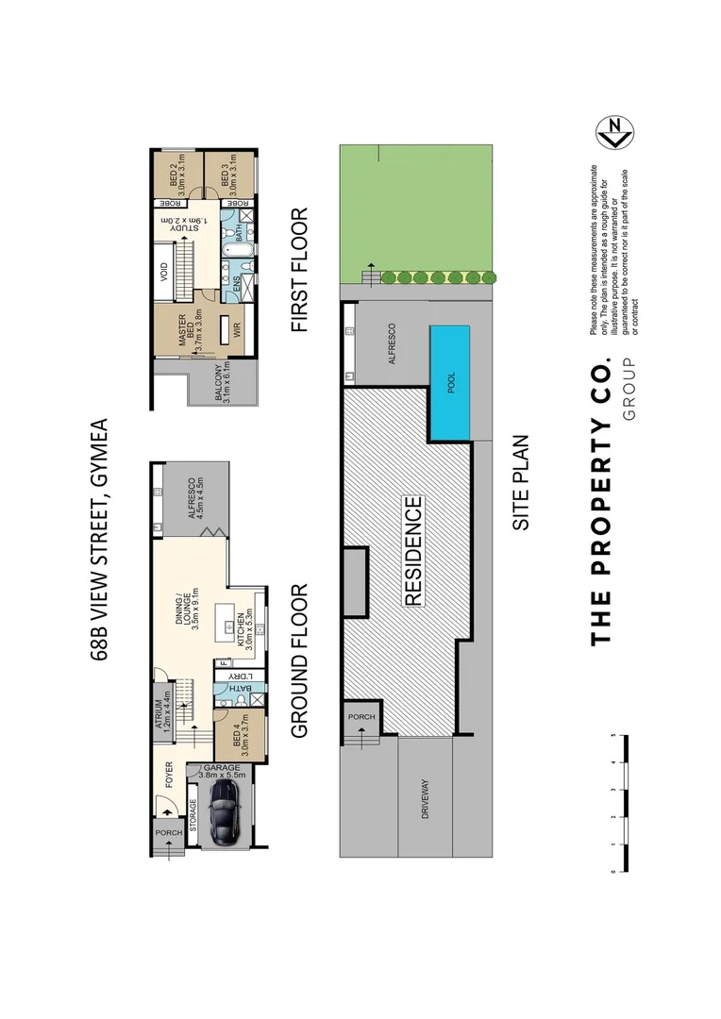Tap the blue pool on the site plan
point(451,382)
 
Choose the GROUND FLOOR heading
point(300,661)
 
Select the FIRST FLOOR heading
point(300,270)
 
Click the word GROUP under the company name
point(629,389)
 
